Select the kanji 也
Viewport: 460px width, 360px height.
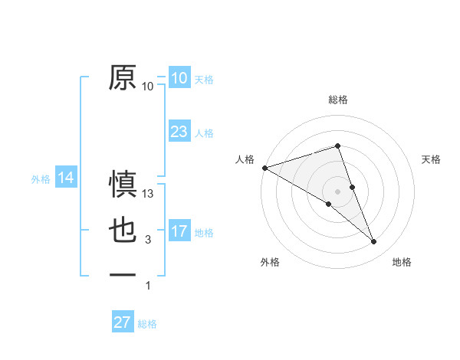click(123, 231)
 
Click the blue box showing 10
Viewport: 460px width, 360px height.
click(179, 77)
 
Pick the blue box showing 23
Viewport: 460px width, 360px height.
click(179, 132)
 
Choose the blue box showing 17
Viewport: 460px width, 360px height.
click(179, 231)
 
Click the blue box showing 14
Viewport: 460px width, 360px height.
click(66, 178)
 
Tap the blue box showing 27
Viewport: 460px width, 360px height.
click(123, 322)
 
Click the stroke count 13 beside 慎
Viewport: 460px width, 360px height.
click(149, 195)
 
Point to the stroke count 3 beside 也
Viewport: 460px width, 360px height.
click(148, 241)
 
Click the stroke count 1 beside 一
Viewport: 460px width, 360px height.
click(148, 286)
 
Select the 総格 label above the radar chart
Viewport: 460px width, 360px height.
click(337, 100)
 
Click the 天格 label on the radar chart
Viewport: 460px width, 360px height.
click(431, 159)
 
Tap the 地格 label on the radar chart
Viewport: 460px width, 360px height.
click(402, 262)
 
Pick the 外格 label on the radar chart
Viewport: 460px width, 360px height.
click(270, 262)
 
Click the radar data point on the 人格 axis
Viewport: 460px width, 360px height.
click(264, 167)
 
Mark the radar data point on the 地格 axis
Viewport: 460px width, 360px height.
click(374, 242)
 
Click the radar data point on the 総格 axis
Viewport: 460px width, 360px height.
click(337, 146)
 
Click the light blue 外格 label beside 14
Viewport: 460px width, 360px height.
click(41, 179)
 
